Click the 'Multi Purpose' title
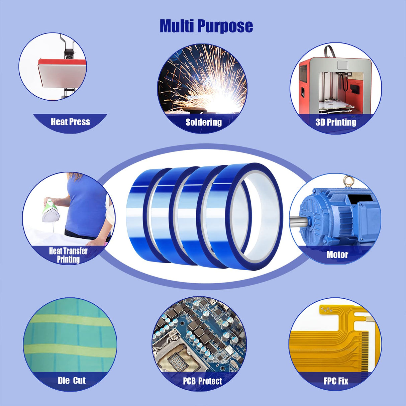pos(206,26)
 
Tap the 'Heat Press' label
pos(70,122)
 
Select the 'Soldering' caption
pos(204,122)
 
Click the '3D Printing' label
pos(336,122)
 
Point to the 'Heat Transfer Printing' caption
pos(68,255)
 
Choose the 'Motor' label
pos(337,255)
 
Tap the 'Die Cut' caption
pos(72,380)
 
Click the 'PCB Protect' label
pos(202,381)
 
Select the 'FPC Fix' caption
pos(336,381)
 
